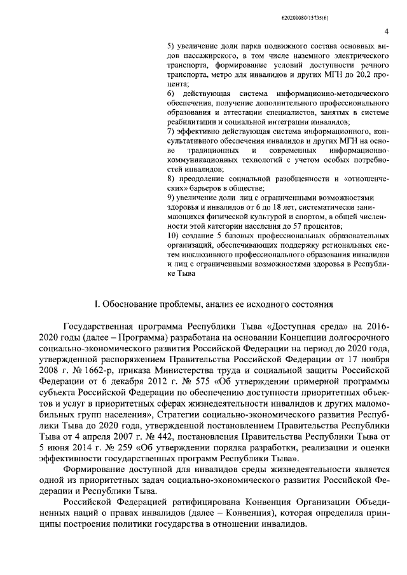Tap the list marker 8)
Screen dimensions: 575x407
pyautogui.click(x=170, y=180)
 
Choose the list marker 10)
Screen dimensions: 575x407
pyautogui.click(x=172, y=236)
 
